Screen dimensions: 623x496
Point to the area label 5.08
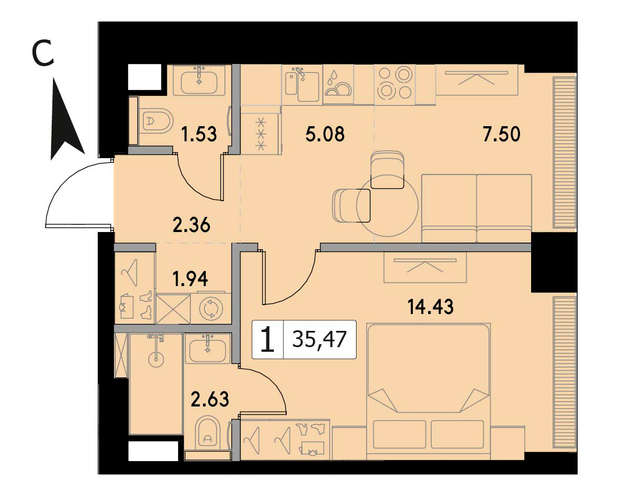point(325,134)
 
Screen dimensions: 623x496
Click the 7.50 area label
point(501,134)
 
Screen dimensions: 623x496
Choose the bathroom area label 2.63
point(210,399)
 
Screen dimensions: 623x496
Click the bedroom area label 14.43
point(430,306)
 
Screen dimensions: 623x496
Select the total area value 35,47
point(319,339)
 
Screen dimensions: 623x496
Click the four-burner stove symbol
point(394,83)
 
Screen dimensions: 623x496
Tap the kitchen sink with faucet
point(302,84)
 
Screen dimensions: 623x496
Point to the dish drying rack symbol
point(338,84)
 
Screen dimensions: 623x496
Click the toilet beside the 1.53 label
point(156,121)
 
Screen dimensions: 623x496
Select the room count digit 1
point(268,339)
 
